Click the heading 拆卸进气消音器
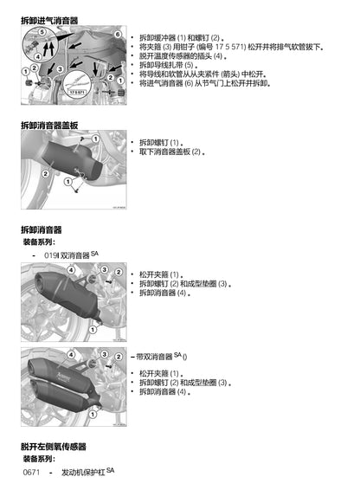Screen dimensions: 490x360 pos(49,19)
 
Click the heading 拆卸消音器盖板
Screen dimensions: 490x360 pos(49,126)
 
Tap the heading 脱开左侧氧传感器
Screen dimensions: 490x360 pos(54,447)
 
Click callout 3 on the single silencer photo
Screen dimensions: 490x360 pos(106,270)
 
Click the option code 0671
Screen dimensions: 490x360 pos(33,474)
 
